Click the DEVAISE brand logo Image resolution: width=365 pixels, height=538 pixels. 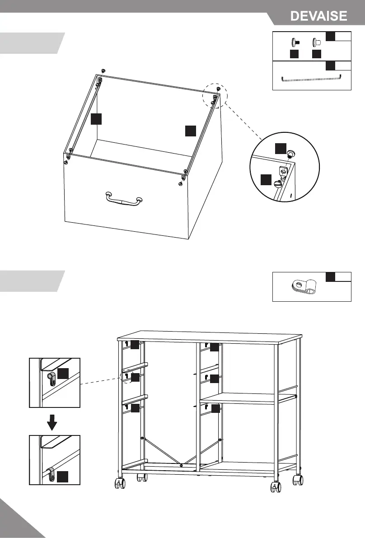319,16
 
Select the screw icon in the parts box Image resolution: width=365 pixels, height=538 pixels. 295,42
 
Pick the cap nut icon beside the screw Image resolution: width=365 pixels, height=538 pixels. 317,42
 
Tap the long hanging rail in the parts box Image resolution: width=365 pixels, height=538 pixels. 311,78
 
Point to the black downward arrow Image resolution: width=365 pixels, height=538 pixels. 53,422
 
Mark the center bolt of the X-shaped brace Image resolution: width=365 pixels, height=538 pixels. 181,465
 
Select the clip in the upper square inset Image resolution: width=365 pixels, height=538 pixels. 50,378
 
